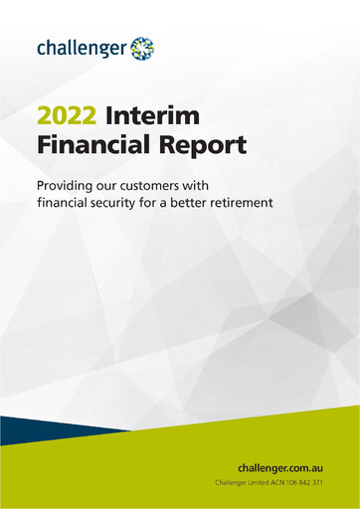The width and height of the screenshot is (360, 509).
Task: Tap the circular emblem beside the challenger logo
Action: pyautogui.click(x=142, y=46)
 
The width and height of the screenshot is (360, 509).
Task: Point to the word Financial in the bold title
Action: pyautogui.click(x=90, y=146)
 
